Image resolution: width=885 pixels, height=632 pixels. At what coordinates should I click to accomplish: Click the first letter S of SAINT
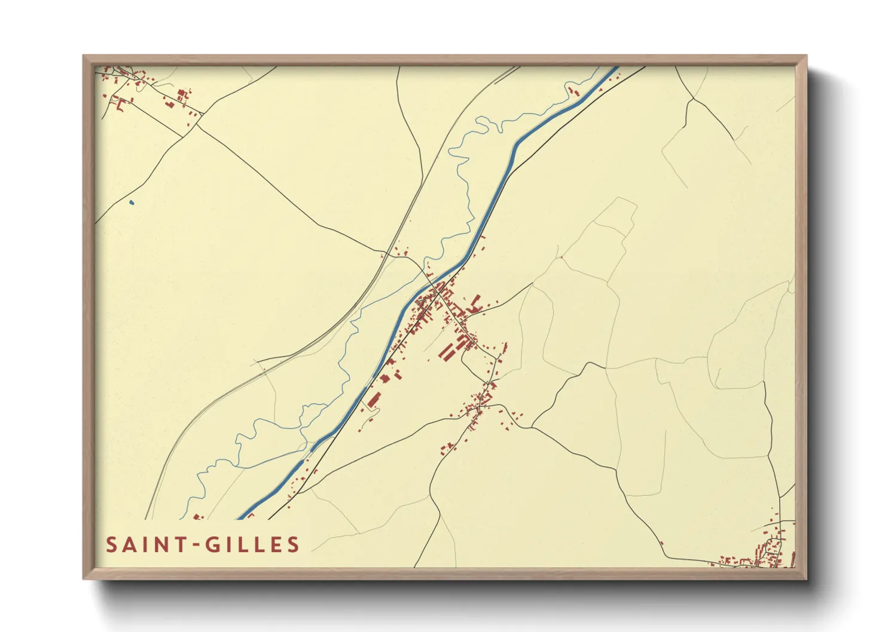(112, 545)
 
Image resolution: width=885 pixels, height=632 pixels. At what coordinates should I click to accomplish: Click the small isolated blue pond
(132, 203)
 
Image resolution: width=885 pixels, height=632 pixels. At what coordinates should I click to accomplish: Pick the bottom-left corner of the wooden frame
(84, 578)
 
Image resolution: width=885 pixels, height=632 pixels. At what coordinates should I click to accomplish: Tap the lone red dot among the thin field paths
(561, 257)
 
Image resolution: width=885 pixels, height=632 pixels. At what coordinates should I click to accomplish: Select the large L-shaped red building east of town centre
(477, 303)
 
